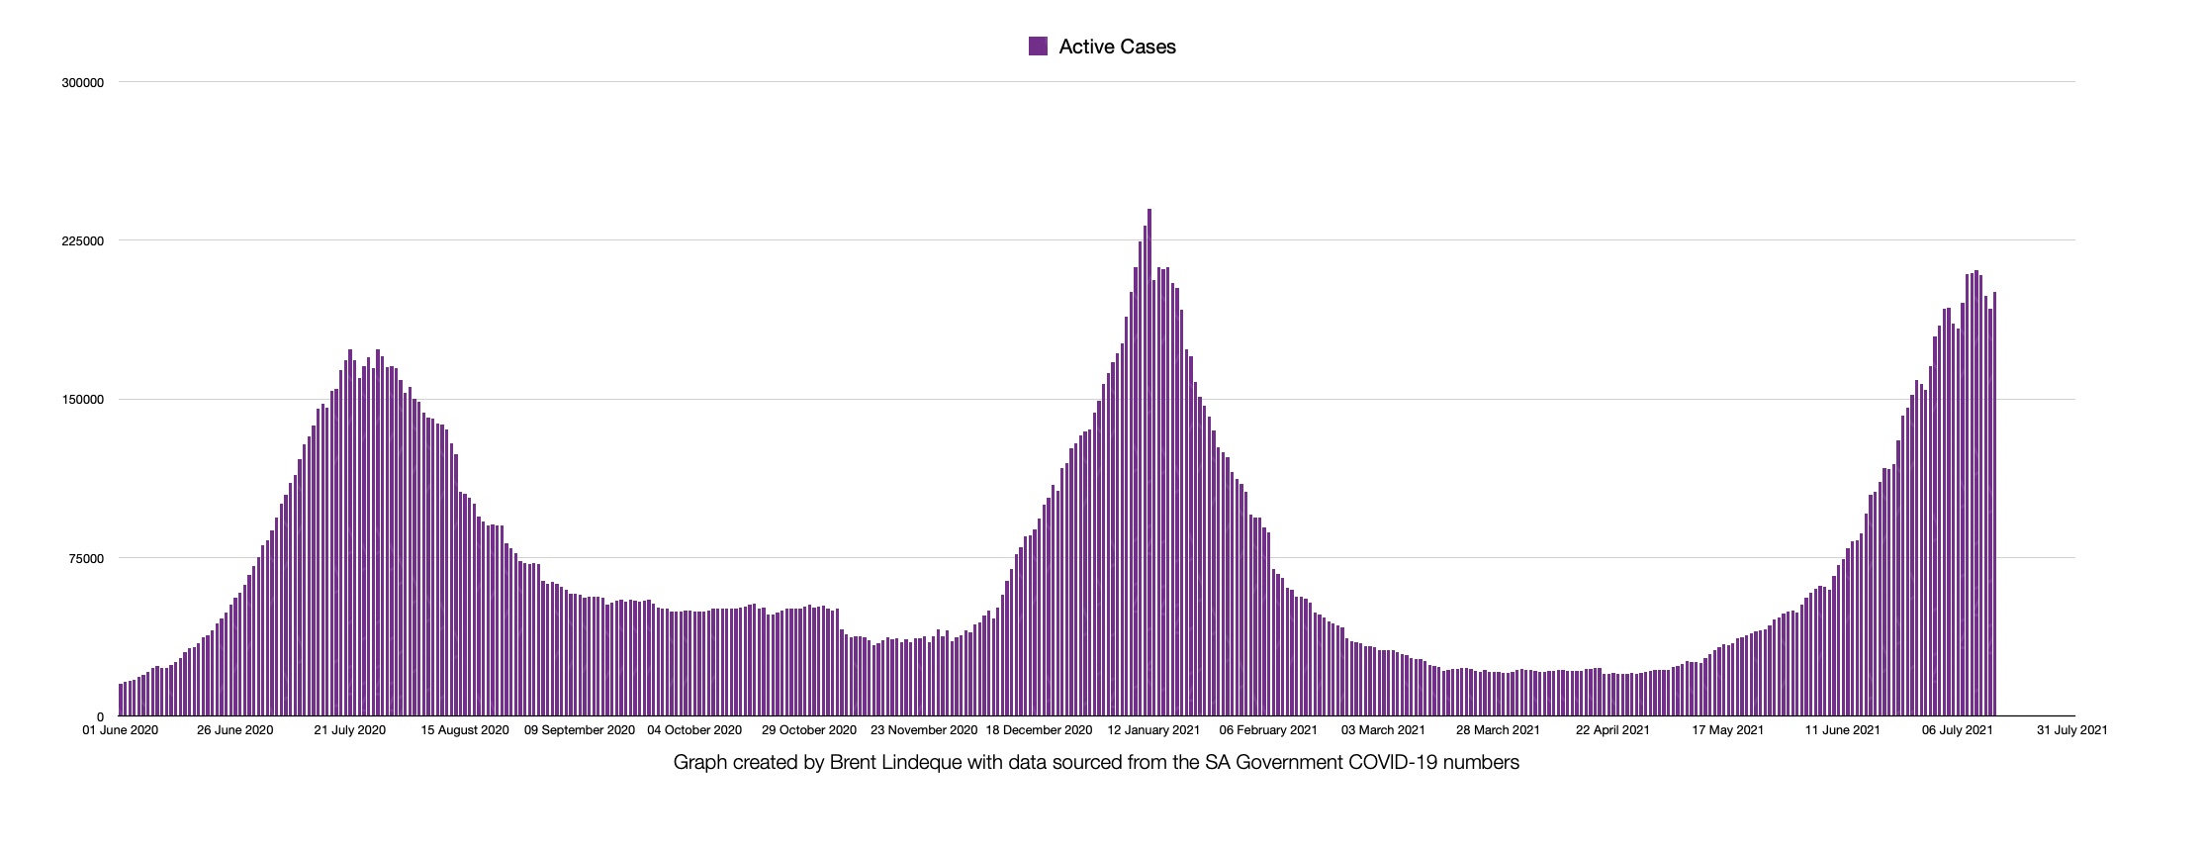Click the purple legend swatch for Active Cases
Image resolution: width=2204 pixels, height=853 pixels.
[1038, 47]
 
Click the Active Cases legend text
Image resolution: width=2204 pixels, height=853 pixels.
[1117, 47]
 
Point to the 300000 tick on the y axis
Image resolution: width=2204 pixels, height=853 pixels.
[83, 83]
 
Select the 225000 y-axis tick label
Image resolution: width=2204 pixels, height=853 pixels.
[83, 241]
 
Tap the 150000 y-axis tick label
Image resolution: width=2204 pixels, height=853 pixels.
[83, 400]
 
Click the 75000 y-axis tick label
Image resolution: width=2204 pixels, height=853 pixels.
[86, 558]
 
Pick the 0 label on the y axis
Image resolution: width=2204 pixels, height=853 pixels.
[100, 716]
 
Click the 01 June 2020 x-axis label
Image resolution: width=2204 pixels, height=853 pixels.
[121, 730]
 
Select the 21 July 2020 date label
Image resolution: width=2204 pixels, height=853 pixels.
[349, 730]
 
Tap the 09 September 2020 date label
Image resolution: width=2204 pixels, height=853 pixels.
[580, 730]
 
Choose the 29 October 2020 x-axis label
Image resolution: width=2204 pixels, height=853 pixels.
[808, 730]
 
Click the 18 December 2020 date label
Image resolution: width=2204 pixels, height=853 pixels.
[1039, 730]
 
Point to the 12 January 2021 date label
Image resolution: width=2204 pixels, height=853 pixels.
[1153, 730]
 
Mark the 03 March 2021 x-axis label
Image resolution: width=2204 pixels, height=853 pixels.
[1383, 730]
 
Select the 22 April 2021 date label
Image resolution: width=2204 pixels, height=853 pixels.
[1612, 730]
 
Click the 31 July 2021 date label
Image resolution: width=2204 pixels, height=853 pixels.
[2071, 730]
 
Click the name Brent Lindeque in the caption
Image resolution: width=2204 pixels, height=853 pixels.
[884, 763]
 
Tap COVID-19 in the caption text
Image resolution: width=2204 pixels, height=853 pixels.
[1406, 763]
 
